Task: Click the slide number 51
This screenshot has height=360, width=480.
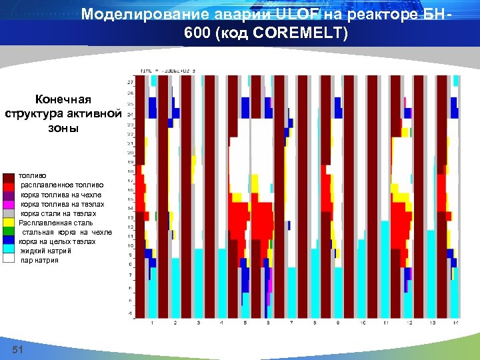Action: coord(18,351)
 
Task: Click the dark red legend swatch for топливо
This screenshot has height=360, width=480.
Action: coord(9,177)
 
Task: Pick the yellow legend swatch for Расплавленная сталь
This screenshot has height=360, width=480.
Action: coord(9,223)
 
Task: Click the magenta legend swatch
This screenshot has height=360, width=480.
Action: coord(9,204)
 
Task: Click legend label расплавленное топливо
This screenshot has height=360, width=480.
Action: coord(62,185)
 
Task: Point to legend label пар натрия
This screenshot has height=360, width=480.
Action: coord(39,260)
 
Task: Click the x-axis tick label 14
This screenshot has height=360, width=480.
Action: coord(455,323)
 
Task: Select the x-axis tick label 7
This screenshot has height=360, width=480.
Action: coord(291,323)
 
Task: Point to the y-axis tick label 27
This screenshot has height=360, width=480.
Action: coord(129,82)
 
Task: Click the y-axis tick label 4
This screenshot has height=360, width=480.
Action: coord(130,313)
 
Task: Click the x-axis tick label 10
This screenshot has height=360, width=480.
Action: coord(361,323)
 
